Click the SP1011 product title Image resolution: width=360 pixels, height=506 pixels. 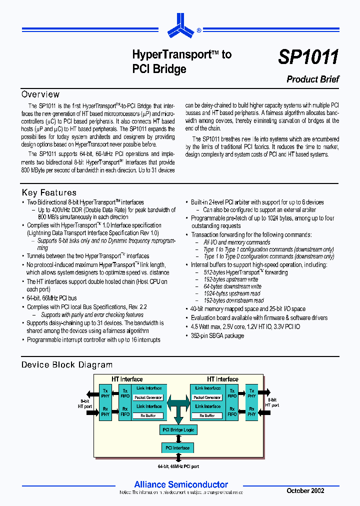308,57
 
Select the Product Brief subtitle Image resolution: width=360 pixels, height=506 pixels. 312,79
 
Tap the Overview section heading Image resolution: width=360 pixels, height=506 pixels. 40,94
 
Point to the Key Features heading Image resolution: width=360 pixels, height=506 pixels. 49,192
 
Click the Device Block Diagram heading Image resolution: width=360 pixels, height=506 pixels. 66,365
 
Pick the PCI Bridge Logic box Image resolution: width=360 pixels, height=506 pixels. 178,429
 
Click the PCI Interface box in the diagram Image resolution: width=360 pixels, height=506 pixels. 177,447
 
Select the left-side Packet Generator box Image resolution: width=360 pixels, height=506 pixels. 148,397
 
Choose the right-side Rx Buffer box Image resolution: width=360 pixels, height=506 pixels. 207,415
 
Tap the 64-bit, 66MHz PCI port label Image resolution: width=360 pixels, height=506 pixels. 178,466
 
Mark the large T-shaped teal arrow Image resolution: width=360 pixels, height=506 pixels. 178,405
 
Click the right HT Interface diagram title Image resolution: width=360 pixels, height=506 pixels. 222,379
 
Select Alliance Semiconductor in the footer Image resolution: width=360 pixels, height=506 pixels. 181,484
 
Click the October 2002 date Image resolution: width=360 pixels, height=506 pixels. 305,491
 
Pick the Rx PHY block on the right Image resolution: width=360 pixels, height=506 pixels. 251,411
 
